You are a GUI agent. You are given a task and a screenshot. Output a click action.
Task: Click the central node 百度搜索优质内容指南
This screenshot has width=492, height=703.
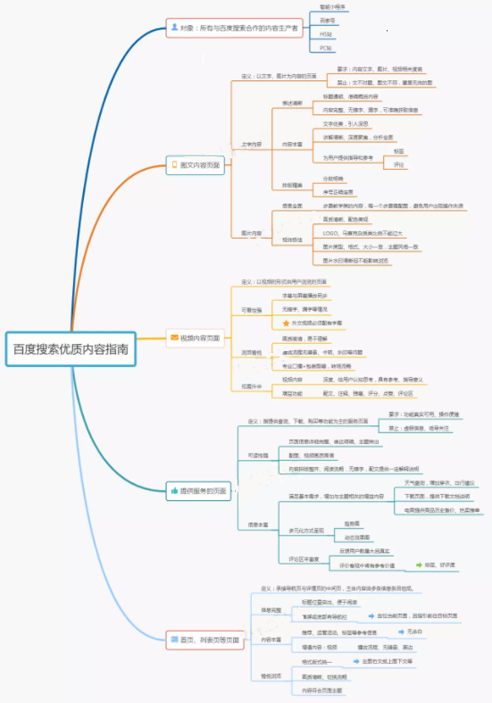point(71,348)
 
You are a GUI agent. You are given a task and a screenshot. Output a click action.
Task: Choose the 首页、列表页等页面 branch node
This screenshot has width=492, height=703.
point(203,640)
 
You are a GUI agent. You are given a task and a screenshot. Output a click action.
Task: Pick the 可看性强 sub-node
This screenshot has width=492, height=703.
point(253,309)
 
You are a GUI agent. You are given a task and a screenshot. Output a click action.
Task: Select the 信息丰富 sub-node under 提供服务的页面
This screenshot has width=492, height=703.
point(258,524)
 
